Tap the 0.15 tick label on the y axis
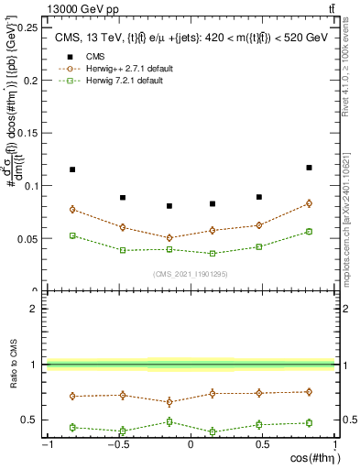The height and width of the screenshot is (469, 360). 28,133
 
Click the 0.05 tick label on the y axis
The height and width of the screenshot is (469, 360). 28,238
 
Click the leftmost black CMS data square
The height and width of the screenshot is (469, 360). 72,169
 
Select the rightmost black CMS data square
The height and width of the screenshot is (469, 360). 309,168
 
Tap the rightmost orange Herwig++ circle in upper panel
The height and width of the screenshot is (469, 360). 309,203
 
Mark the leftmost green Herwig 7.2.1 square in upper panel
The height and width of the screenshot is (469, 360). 72,235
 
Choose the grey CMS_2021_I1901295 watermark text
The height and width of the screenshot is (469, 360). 190,274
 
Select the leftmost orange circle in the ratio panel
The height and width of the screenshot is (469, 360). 72,397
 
